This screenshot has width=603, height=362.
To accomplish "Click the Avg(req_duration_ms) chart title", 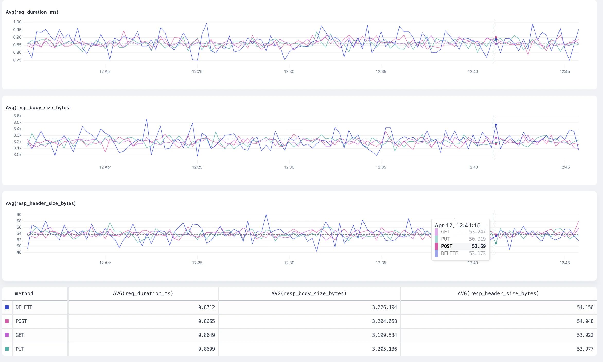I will click(x=32, y=12).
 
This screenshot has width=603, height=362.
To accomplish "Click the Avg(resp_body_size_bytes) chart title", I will click(x=38, y=108).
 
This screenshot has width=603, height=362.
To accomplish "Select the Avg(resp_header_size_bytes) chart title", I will click(x=41, y=203).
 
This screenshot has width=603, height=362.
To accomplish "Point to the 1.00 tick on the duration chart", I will click(x=17, y=22).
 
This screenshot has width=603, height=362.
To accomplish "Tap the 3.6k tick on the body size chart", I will click(x=17, y=116).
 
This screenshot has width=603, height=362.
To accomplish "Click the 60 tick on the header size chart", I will click(x=19, y=215).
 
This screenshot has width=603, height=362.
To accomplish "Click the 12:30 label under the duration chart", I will click(x=289, y=71).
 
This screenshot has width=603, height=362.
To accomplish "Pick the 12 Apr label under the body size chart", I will click(x=105, y=167).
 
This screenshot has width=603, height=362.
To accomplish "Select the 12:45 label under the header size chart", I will click(x=564, y=263).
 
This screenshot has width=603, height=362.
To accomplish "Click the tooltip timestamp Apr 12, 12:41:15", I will click(x=457, y=225).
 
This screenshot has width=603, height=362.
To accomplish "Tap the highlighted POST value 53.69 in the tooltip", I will click(x=478, y=246).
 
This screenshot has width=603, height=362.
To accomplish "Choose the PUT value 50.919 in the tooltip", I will click(x=477, y=239).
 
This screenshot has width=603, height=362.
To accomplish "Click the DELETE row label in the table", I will click(x=24, y=307).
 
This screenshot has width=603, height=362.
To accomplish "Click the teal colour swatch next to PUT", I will click(x=7, y=349).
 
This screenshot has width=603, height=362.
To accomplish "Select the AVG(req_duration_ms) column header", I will click(x=143, y=293).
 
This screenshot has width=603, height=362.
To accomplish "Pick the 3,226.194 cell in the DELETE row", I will click(x=384, y=307).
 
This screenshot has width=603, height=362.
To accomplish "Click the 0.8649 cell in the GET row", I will click(x=206, y=335).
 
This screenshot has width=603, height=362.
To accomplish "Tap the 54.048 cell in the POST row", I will click(x=585, y=321).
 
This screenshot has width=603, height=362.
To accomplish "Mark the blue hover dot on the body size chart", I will click(x=496, y=125).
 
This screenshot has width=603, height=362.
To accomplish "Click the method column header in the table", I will click(x=24, y=293).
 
